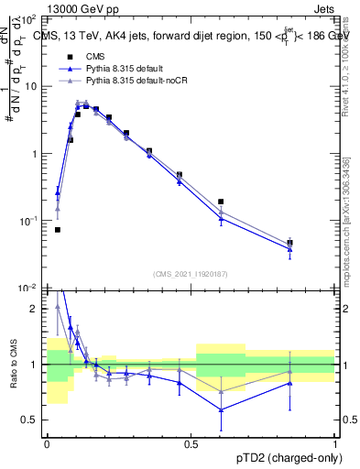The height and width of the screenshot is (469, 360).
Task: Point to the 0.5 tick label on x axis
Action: tap(191, 442)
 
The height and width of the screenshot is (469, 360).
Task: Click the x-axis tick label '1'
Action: tap(335, 442)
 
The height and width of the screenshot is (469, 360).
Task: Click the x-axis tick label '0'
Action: tap(47, 442)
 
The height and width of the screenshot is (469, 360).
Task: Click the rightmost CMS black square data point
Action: tap(289, 243)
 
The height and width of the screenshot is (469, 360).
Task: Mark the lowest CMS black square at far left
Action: tap(57, 230)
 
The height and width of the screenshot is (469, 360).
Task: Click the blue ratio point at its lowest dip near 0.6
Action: tap(221, 409)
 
